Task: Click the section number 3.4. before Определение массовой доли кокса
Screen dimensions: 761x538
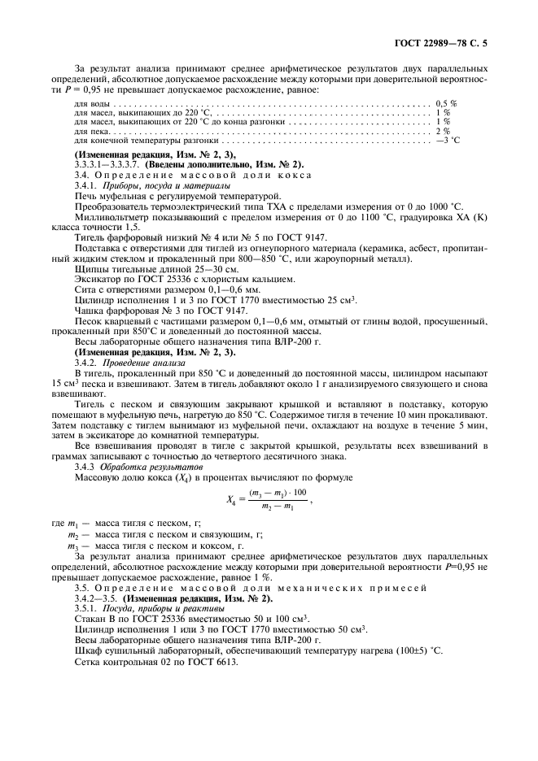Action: (84, 175)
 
